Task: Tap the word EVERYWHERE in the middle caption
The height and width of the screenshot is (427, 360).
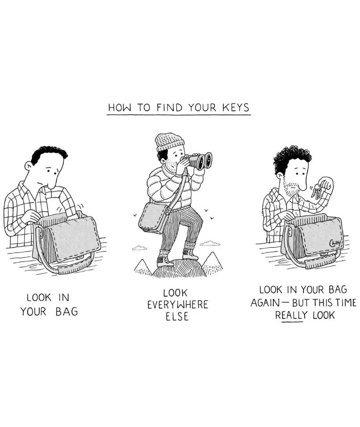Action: click(x=178, y=305)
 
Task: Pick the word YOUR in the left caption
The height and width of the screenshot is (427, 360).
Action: click(x=33, y=311)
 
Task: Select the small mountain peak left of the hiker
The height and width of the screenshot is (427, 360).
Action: click(x=143, y=267)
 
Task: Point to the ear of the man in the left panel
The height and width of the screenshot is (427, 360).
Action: click(x=28, y=166)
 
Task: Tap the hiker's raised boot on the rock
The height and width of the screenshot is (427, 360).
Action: click(x=190, y=256)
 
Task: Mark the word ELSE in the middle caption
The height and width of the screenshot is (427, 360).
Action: click(x=177, y=317)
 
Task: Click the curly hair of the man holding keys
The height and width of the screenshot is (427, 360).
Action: click(x=292, y=159)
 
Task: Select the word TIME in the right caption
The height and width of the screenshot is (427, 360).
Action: click(x=346, y=303)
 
